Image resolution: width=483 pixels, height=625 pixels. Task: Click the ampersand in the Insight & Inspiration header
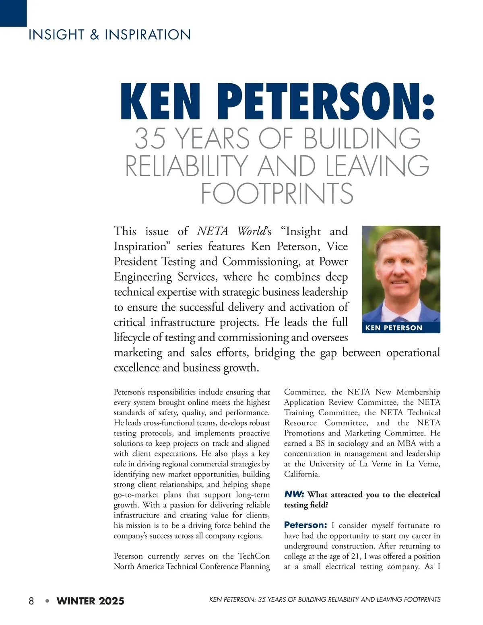point(94,35)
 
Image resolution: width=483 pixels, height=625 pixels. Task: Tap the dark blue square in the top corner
point(13,13)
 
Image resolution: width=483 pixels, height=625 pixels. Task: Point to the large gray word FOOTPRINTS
point(277,194)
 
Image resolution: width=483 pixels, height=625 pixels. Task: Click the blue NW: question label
point(294,494)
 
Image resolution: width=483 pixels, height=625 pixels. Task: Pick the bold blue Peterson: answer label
point(305,525)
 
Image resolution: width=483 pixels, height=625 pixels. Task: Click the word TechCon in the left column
point(254,556)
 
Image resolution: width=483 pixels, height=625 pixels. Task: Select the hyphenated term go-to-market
point(136,495)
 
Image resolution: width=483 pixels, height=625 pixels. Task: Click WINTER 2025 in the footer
point(91,601)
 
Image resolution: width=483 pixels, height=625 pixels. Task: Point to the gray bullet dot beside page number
point(47,601)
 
